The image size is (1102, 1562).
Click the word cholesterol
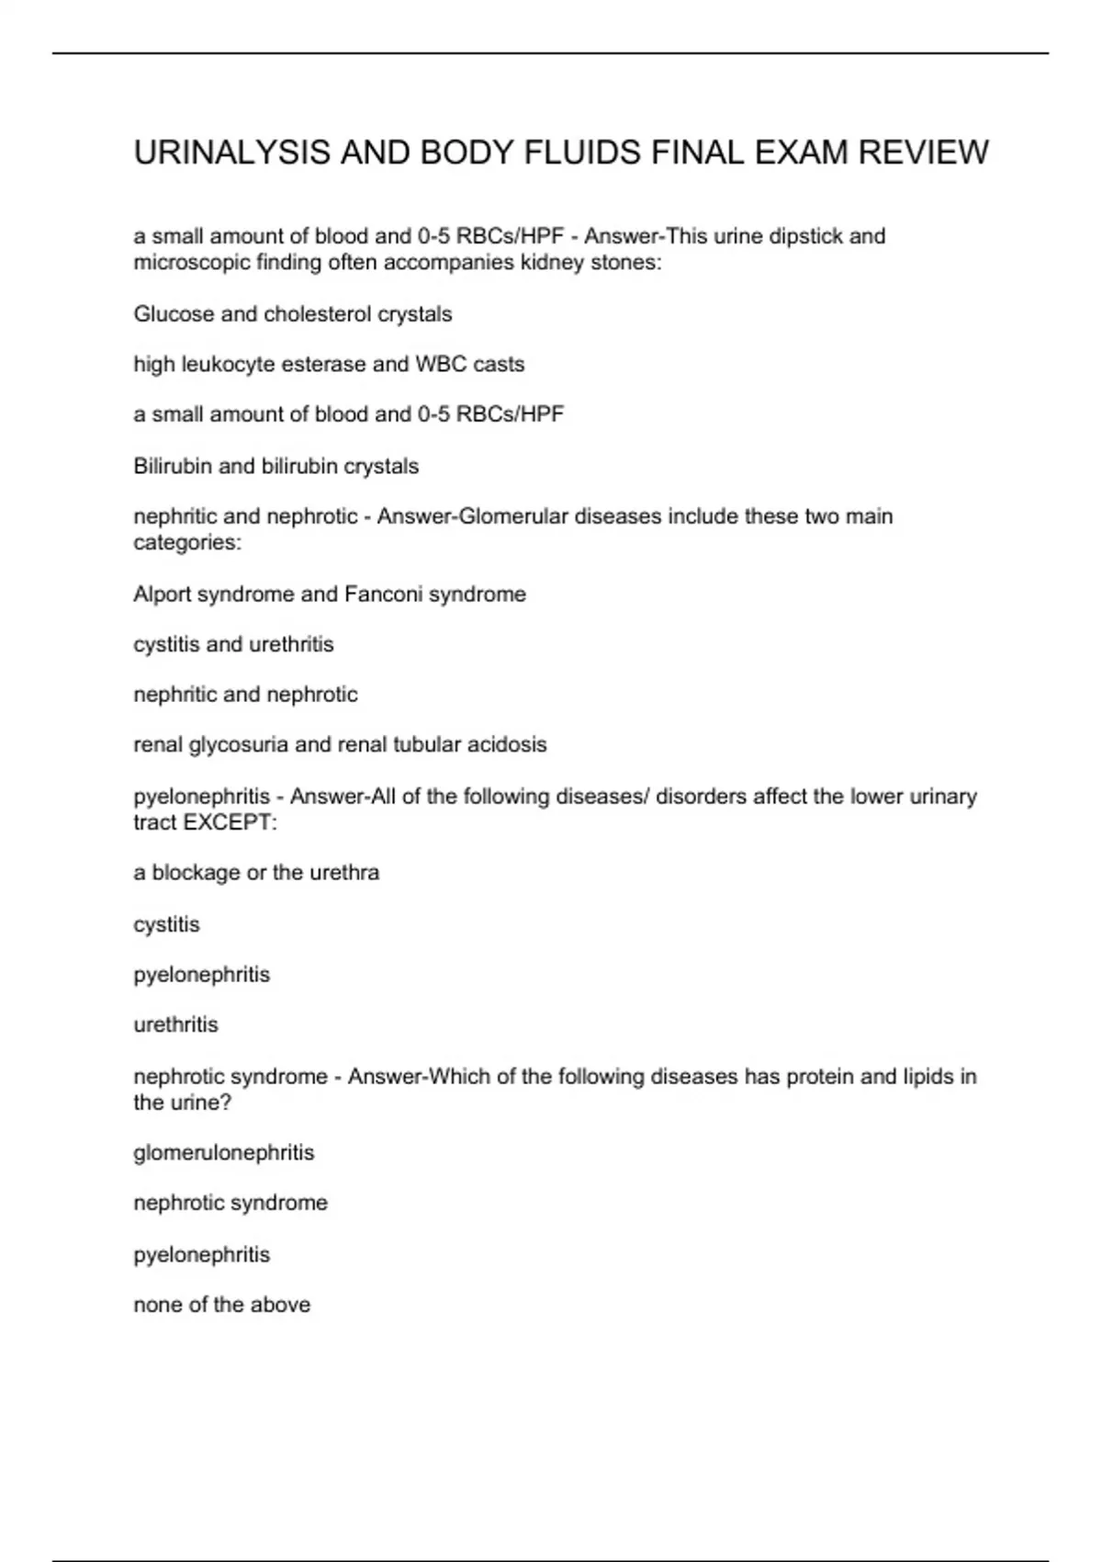point(320,314)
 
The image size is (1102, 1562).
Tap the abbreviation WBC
point(441,365)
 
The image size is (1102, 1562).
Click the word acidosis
point(507,744)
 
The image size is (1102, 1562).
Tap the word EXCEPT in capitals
point(228,822)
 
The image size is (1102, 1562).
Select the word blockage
point(196,873)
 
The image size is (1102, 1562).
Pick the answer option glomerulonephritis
point(224,1153)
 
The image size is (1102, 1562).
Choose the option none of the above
point(221,1305)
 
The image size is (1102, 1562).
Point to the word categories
point(187,543)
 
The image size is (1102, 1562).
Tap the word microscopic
point(192,263)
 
